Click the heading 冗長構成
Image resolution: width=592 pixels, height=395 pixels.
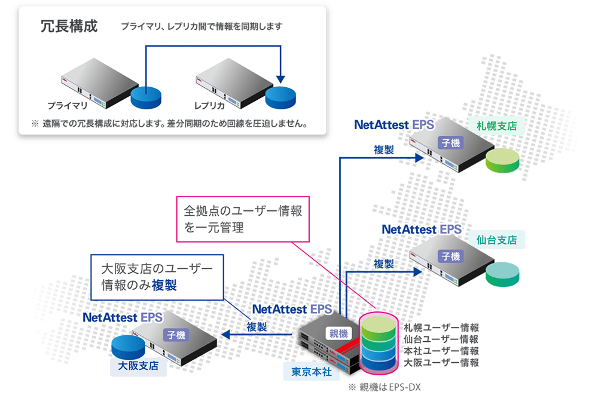[69, 27]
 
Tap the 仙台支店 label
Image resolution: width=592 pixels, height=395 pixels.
[496, 240]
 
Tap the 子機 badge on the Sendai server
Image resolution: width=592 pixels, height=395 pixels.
[450, 256]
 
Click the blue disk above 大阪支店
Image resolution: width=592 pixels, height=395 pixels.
[127, 346]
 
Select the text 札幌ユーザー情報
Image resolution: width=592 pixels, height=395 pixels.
[441, 328]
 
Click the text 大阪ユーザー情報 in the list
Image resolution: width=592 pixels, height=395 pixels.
[441, 362]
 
